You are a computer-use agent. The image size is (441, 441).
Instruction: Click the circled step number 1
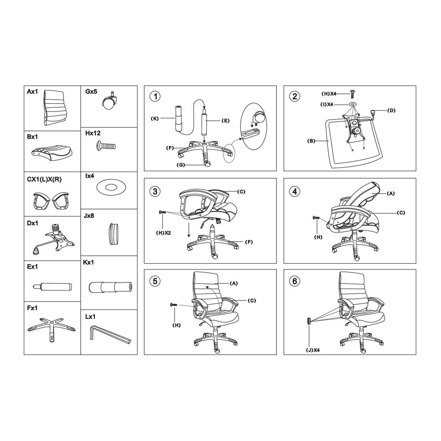pyautogui.click(x=154, y=97)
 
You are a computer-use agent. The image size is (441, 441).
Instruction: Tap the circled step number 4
pyautogui.click(x=294, y=191)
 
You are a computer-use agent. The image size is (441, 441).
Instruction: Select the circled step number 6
pyautogui.click(x=294, y=281)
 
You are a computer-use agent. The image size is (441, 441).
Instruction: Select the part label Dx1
pyautogui.click(x=33, y=224)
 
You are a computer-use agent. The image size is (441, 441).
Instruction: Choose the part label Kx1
pyautogui.click(x=88, y=262)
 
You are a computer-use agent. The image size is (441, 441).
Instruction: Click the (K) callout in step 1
pyautogui.click(x=154, y=119)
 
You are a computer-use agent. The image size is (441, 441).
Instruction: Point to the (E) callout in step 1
pyautogui.click(x=225, y=120)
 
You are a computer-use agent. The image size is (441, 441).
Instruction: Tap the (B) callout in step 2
pyautogui.click(x=311, y=141)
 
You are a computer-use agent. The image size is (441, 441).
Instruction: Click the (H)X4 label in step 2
pyautogui.click(x=329, y=94)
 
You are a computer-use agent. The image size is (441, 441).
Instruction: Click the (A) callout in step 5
pyautogui.click(x=234, y=283)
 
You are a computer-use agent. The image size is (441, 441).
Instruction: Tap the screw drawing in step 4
pyautogui.click(x=317, y=218)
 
